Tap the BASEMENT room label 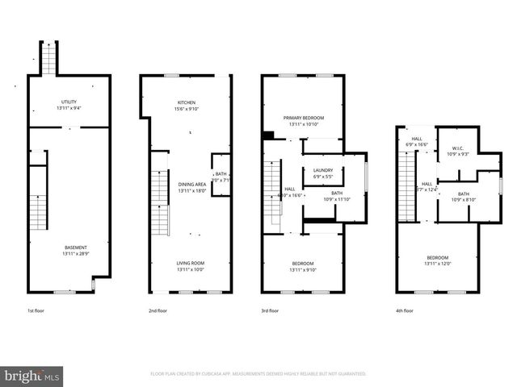(x=77, y=248)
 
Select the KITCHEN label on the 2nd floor (x=187, y=102)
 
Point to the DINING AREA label (x=191, y=185)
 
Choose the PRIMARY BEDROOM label (x=303, y=118)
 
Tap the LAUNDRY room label (x=323, y=170)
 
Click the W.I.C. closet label (x=456, y=148)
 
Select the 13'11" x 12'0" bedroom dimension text (x=439, y=264)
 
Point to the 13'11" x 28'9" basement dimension (x=77, y=253)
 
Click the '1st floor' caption (x=36, y=310)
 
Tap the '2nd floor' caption (x=158, y=310)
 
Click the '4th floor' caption (x=404, y=310)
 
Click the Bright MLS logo (x=32, y=376)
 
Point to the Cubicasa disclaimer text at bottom (x=258, y=374)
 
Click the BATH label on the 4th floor (x=464, y=193)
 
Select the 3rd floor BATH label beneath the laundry (x=336, y=193)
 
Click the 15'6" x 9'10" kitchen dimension (x=187, y=109)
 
